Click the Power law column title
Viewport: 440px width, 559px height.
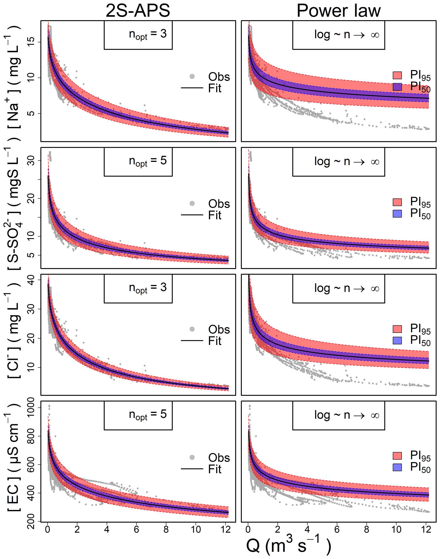[338, 11]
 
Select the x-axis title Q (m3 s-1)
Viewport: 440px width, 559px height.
[288, 546]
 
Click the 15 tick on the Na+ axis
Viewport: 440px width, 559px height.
[30, 42]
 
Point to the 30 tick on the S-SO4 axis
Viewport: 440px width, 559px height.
[30, 161]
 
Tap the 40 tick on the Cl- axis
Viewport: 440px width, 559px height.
[30, 280]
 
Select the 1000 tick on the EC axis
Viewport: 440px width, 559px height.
[30, 407]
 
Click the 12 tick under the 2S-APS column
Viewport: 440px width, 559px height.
[226, 529]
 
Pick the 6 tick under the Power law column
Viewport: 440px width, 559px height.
[337, 529]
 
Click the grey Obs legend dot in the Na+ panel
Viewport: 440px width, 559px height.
[192, 76]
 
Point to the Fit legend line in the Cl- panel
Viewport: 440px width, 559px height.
[192, 341]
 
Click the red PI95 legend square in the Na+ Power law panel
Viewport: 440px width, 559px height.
[397, 75]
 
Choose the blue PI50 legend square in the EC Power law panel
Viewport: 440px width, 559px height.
[397, 467]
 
